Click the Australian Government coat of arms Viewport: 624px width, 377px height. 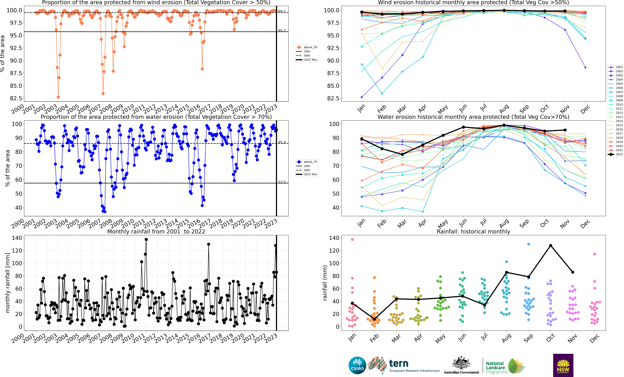[461, 363]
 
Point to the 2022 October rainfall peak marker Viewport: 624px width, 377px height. [551, 245]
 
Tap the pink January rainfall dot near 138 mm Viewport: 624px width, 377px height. [352, 239]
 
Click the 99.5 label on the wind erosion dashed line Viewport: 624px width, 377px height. [282, 11]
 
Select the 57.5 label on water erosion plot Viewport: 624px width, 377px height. [282, 182]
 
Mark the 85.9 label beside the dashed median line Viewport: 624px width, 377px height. [282, 142]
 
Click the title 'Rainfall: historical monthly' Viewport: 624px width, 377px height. [473, 231]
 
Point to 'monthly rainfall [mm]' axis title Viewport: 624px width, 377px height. [8, 283]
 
